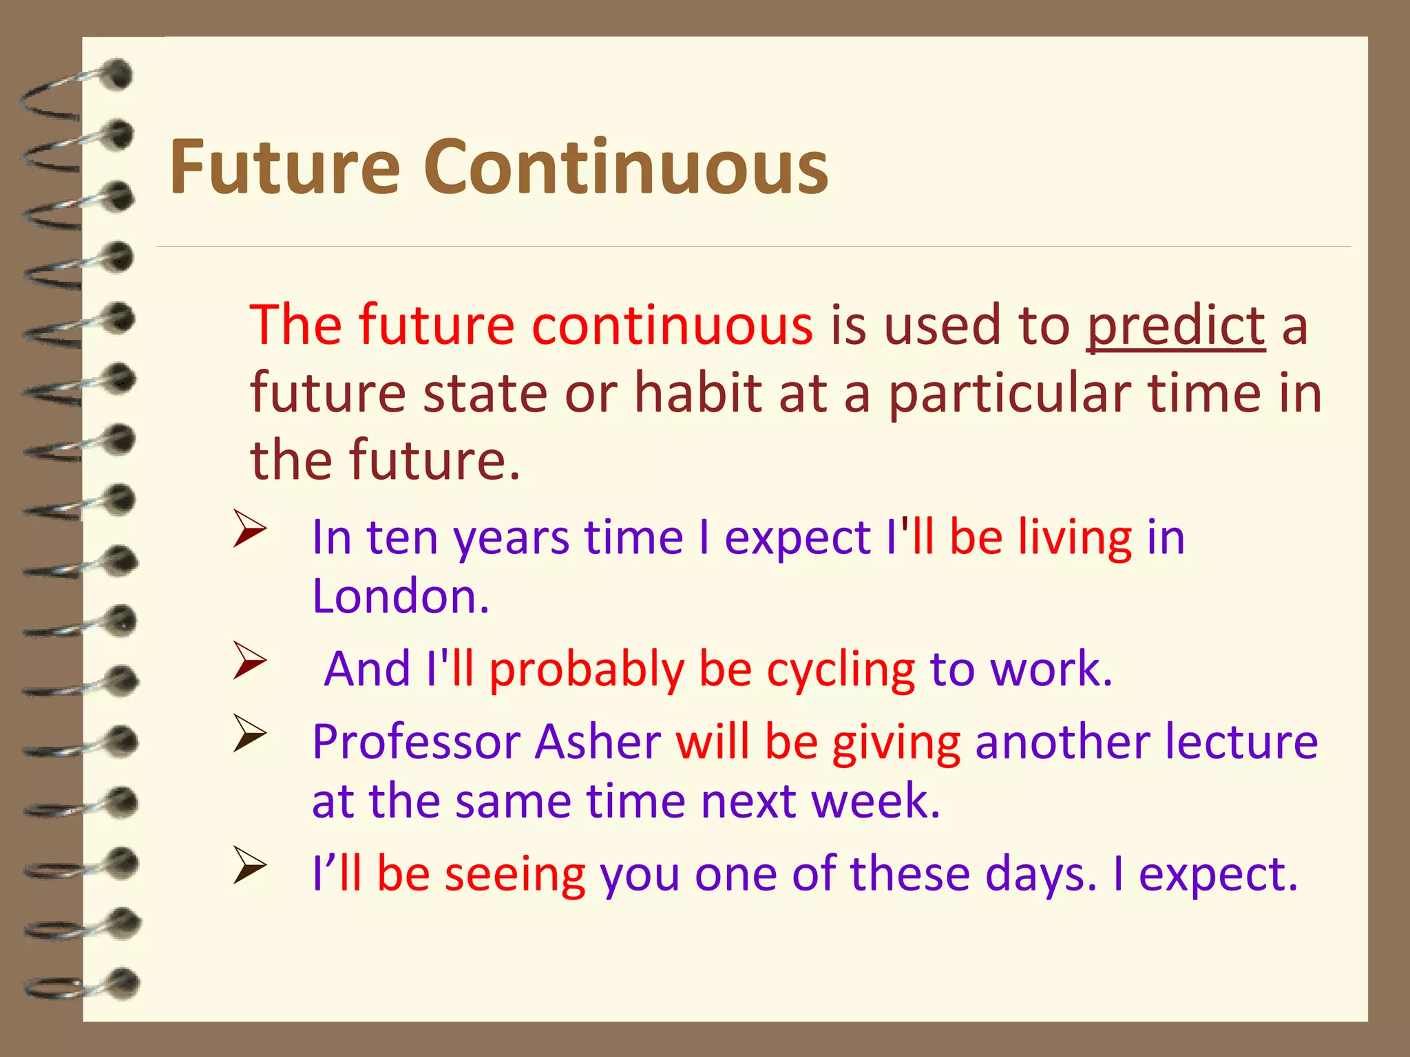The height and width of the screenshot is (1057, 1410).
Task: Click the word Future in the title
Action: tap(284, 167)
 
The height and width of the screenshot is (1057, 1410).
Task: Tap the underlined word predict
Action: tap(1175, 325)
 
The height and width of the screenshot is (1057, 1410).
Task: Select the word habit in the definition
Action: tap(697, 393)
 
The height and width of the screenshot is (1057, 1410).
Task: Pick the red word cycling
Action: tap(840, 670)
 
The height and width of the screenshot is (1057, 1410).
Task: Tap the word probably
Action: tap(587, 670)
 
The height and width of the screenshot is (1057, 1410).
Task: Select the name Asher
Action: tap(598, 742)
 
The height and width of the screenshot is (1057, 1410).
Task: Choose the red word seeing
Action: tap(515, 874)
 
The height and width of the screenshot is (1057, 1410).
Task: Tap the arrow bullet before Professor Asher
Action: tap(249, 734)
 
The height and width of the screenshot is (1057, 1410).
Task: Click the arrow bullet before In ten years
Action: tap(249, 528)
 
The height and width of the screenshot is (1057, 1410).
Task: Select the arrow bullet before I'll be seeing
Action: tap(249, 865)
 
